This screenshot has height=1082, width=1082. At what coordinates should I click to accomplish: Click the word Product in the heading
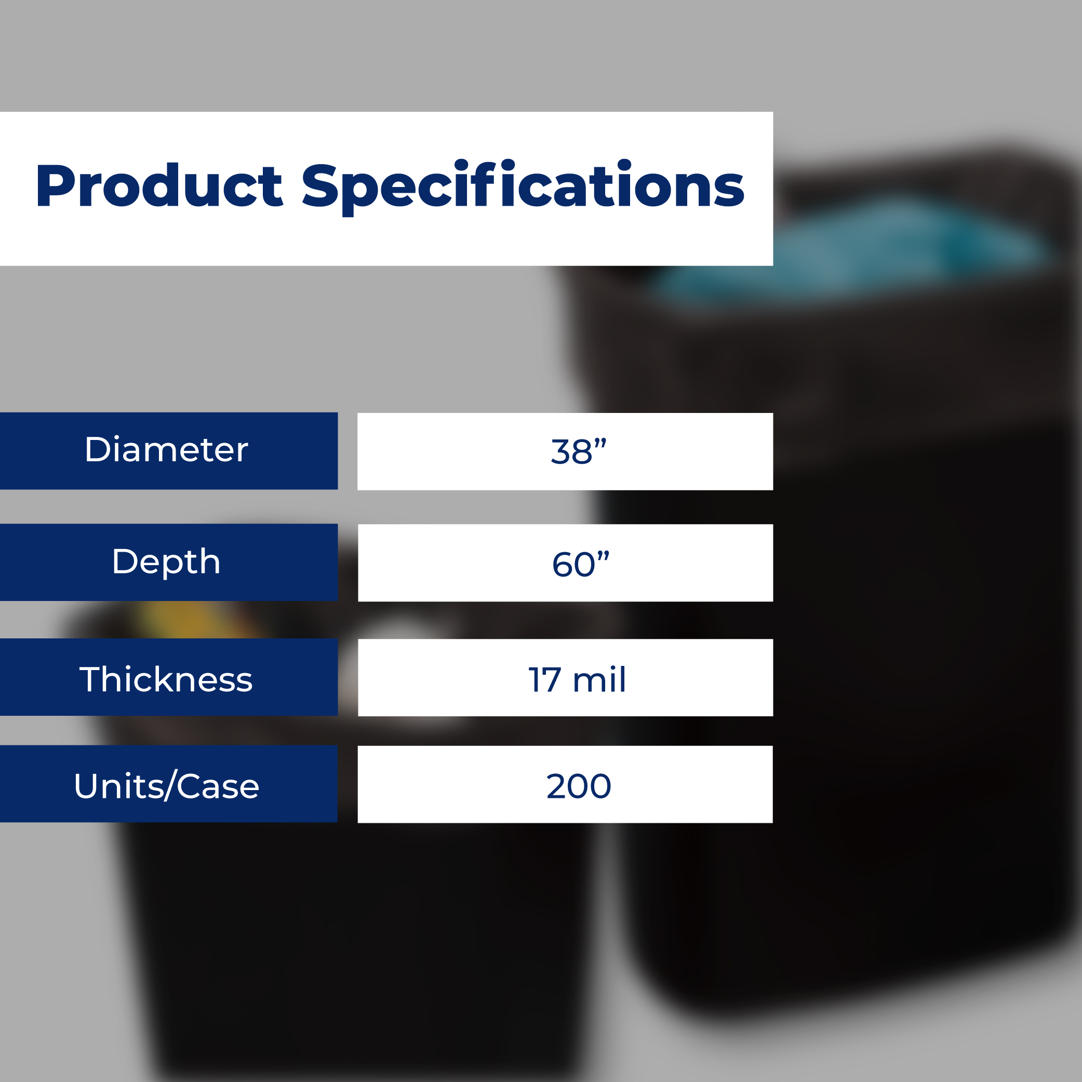click(159, 185)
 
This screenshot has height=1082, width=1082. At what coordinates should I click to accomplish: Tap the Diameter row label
click(166, 450)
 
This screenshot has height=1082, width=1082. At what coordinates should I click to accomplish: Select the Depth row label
click(166, 562)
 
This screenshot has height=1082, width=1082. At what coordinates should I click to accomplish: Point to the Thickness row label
click(166, 679)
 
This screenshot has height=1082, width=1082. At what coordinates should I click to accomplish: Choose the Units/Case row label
click(166, 786)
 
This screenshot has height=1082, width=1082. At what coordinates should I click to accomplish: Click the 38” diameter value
click(579, 451)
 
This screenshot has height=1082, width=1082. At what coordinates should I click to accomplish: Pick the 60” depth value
click(581, 564)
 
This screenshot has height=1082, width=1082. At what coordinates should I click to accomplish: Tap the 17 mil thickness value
click(578, 679)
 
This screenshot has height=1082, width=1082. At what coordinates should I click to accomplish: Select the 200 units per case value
click(579, 786)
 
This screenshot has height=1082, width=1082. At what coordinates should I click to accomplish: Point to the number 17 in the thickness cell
click(544, 680)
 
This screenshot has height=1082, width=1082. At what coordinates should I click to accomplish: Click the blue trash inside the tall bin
click(851, 252)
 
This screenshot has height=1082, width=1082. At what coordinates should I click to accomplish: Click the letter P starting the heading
click(56, 185)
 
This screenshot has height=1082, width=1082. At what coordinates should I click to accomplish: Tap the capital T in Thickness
click(92, 679)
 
